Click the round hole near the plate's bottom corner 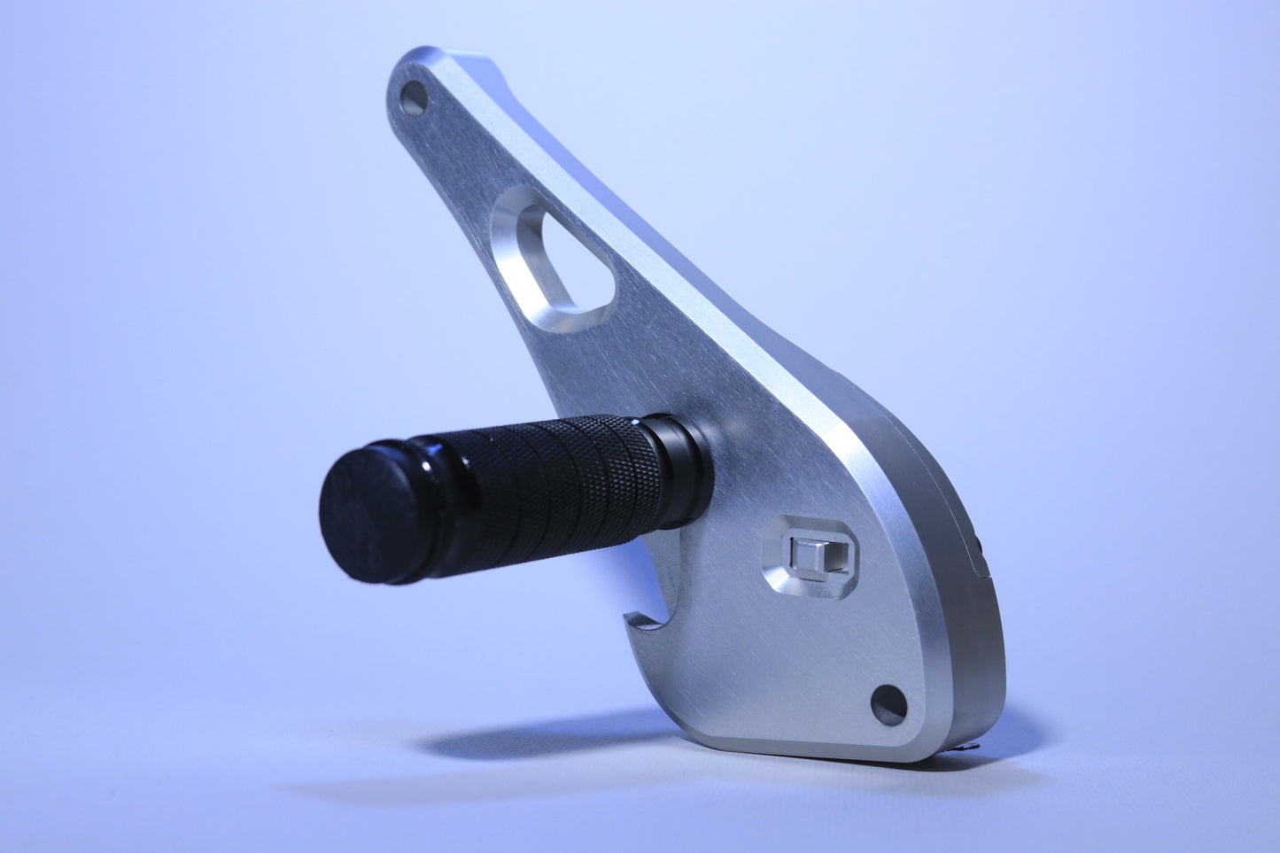click(x=888, y=704)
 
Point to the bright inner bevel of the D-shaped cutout click(x=523, y=266)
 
